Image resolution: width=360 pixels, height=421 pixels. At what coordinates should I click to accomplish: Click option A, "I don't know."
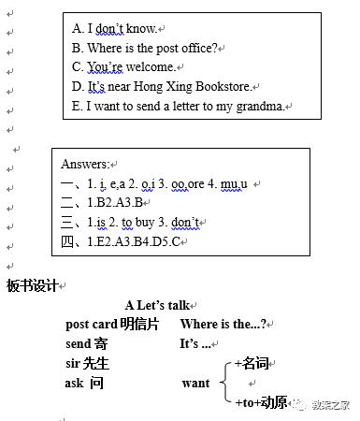click(114, 28)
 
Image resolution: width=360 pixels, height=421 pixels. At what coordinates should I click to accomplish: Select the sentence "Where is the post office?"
click(150, 48)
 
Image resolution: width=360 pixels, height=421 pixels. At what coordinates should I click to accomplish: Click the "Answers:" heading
click(86, 165)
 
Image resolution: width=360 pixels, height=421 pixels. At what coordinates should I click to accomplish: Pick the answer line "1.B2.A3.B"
click(103, 203)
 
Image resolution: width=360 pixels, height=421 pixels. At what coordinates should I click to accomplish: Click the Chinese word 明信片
click(139, 325)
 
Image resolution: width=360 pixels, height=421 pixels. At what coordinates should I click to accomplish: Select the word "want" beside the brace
click(195, 384)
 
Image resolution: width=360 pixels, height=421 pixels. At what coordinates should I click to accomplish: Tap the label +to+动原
click(261, 403)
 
